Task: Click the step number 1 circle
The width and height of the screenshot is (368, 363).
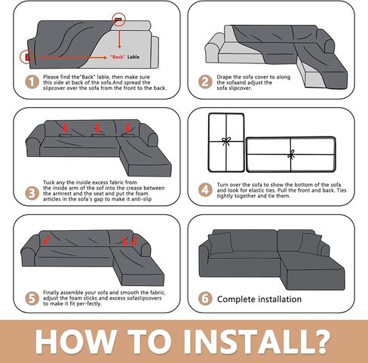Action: point(32,82)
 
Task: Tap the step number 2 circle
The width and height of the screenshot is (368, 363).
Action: point(205,82)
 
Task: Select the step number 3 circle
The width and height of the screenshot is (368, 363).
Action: point(32,193)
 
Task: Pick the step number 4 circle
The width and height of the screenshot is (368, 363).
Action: point(205,190)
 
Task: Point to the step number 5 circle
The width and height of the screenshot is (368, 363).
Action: point(32,299)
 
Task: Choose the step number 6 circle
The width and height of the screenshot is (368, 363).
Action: point(205,299)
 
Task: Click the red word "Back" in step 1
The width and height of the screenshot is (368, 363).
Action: point(118,57)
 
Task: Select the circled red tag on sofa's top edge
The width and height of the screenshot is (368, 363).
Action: point(118,19)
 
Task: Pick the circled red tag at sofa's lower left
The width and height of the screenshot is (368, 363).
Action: point(27,57)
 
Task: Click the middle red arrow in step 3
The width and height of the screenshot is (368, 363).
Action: point(97,128)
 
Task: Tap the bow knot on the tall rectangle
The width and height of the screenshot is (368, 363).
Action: point(226,141)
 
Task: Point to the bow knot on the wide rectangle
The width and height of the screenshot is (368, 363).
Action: point(291,155)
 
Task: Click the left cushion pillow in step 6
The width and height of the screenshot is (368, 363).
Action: point(220,243)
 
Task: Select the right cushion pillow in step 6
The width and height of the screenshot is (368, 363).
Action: point(311,243)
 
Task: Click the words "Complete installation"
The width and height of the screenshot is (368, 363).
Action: point(259,299)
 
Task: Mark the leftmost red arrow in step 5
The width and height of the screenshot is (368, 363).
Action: point(46,240)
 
